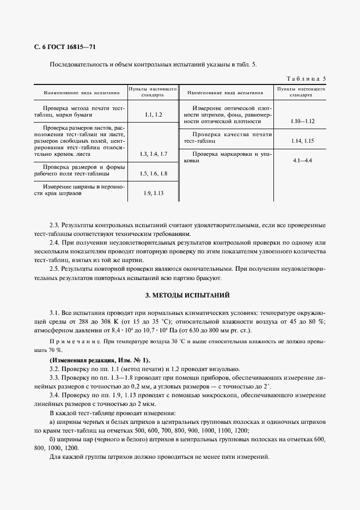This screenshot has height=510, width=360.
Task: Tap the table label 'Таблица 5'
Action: coord(306,78)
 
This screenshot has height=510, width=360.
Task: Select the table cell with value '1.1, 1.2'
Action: coord(154,115)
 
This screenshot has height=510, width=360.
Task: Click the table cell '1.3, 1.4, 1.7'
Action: coord(154,155)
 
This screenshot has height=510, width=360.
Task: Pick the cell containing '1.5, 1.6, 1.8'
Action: coord(154,173)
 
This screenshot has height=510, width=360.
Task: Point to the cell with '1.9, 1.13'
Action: coord(154,193)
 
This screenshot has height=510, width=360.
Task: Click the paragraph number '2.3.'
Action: coord(56,225)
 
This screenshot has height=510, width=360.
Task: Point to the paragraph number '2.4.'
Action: coord(56,242)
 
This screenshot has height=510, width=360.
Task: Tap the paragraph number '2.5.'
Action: coord(56,269)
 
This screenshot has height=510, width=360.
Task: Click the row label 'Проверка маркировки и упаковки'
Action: coord(225,157)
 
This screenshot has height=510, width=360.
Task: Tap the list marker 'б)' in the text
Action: coord(52,439)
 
